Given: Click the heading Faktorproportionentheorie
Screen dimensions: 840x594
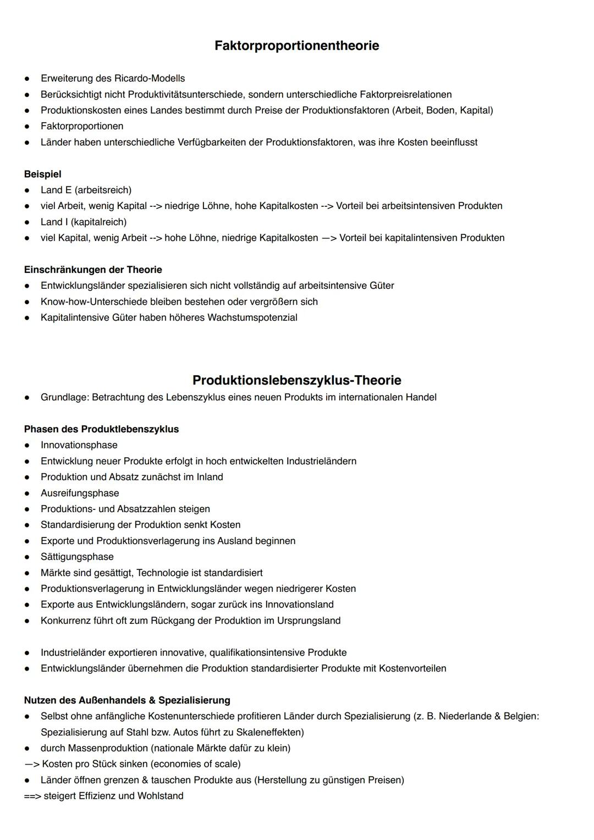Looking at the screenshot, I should [x=296, y=46].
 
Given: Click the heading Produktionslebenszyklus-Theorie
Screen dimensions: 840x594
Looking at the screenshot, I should [x=296, y=380].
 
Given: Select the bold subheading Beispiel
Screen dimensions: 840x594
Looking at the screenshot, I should [x=42, y=174].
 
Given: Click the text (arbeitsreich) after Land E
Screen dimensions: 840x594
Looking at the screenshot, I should [x=103, y=190].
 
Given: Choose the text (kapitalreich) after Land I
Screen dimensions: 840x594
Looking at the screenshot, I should [x=98, y=222].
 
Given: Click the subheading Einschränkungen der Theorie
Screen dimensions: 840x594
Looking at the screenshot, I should [x=93, y=270].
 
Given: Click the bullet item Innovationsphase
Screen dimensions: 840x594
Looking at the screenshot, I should [x=79, y=445].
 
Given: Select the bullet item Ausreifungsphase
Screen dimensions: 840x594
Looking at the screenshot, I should [x=80, y=493].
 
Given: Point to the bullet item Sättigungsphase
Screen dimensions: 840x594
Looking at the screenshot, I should [x=77, y=557].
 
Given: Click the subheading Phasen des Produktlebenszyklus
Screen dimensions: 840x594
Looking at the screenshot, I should [x=101, y=429].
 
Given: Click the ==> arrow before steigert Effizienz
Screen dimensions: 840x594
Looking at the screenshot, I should [x=32, y=796].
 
